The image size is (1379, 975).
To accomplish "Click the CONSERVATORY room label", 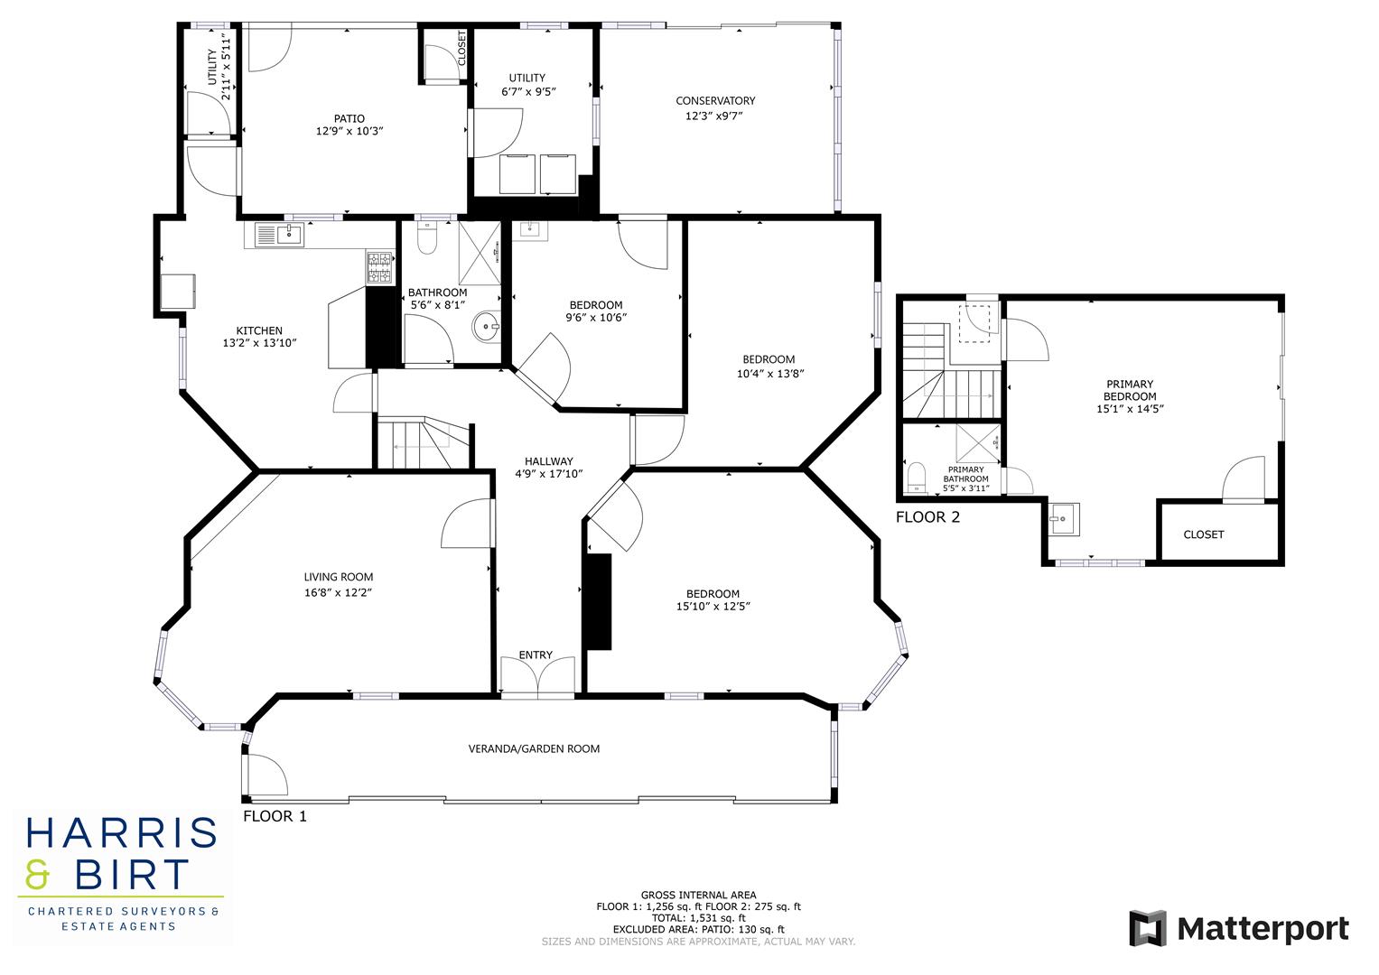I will pyautogui.click(x=715, y=100).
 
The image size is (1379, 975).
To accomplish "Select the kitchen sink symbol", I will pyautogui.click(x=290, y=236).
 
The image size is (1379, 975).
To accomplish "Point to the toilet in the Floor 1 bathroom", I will pyautogui.click(x=427, y=240).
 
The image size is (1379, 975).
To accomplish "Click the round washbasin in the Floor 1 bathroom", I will pyautogui.click(x=488, y=327).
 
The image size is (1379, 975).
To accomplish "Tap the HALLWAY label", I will pyautogui.click(x=548, y=461).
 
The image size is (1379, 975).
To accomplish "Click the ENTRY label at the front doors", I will pyautogui.click(x=536, y=655).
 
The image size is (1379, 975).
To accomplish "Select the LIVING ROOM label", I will pyautogui.click(x=338, y=577).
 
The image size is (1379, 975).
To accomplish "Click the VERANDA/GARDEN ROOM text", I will pyautogui.click(x=534, y=748).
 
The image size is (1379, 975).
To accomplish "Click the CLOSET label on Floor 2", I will pyautogui.click(x=1203, y=534).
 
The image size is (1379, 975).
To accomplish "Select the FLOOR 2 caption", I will pyautogui.click(x=927, y=517).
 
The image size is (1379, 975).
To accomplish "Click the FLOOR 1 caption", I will pyautogui.click(x=275, y=816).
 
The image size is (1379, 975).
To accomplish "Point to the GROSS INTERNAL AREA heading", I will pyautogui.click(x=698, y=895).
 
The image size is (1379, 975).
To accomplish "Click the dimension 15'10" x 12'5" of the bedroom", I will pyautogui.click(x=713, y=607).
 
